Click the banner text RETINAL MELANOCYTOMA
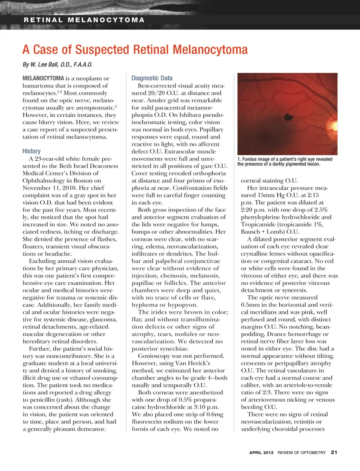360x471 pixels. point(84,20)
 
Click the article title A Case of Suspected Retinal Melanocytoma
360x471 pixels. point(135,49)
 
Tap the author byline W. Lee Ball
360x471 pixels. point(57,64)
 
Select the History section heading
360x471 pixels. point(31,151)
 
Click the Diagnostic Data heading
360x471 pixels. point(152,78)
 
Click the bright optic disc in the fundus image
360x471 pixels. point(333,124)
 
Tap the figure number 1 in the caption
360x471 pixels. point(239,159)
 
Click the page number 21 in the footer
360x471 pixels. point(334,452)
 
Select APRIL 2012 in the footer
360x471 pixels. point(261,453)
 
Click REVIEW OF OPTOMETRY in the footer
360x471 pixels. point(301,453)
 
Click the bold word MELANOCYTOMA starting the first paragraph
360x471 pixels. point(43,78)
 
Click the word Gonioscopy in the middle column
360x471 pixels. point(154,356)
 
